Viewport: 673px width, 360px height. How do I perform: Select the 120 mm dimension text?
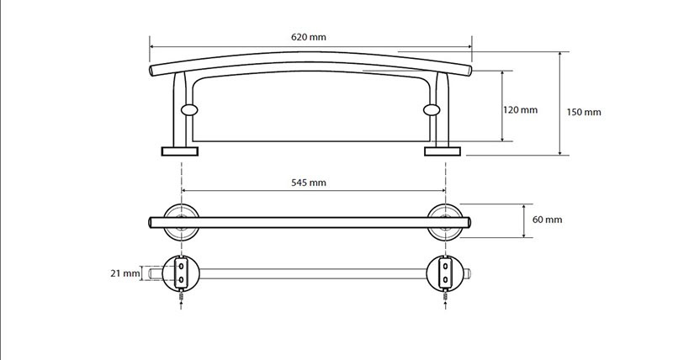(x=522, y=109)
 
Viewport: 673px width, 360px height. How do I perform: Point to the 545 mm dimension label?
(x=309, y=183)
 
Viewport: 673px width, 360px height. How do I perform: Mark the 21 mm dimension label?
(x=124, y=273)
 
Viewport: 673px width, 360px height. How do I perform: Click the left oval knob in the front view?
(x=189, y=109)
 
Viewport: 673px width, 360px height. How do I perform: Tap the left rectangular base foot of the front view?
(x=179, y=151)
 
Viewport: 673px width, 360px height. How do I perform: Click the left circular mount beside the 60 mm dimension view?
(x=182, y=221)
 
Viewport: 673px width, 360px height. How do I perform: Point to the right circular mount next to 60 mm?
(x=444, y=221)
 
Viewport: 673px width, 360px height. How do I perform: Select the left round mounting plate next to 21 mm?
(x=182, y=273)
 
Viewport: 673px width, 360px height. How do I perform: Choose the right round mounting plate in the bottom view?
(x=444, y=273)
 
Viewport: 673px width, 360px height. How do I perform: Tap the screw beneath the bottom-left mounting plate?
(x=182, y=296)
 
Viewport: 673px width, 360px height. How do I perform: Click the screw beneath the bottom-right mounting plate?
(x=444, y=296)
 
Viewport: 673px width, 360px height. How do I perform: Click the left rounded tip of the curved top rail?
(x=153, y=69)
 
